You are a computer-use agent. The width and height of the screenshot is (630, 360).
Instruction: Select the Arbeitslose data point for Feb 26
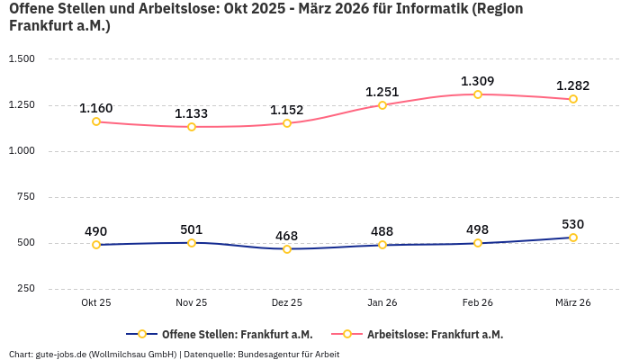click(x=478, y=94)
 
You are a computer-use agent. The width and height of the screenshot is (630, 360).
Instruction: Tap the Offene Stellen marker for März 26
click(x=573, y=238)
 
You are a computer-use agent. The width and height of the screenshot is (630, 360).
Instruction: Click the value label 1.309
click(x=478, y=81)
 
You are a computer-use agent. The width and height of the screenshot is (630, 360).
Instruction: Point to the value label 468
click(x=287, y=236)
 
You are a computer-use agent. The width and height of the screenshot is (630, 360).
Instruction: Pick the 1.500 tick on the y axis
click(x=22, y=59)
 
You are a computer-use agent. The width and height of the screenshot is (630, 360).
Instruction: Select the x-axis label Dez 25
click(x=287, y=303)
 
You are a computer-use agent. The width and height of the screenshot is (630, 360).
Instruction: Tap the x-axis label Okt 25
click(x=96, y=303)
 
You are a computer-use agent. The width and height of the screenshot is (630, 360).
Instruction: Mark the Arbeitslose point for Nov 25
click(x=192, y=127)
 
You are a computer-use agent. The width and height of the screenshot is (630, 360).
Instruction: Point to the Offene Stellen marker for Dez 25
click(x=287, y=249)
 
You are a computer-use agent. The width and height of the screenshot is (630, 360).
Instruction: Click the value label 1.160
click(x=96, y=108)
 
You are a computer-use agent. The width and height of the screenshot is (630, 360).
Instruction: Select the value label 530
click(x=573, y=224)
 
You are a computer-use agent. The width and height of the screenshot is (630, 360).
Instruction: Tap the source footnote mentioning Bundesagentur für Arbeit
click(x=174, y=354)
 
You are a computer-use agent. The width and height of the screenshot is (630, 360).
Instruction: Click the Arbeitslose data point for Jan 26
click(x=382, y=105)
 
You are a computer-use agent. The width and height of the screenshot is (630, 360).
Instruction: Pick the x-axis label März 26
click(x=573, y=303)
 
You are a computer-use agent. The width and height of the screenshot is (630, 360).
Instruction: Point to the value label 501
click(x=192, y=229)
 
